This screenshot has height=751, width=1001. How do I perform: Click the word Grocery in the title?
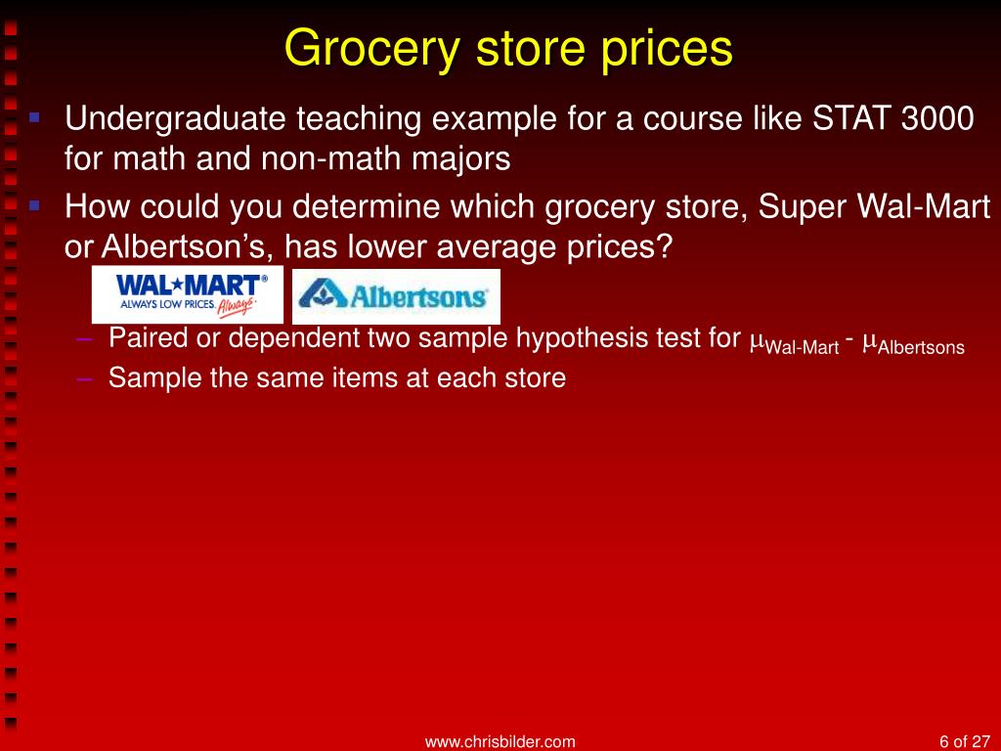point(371,49)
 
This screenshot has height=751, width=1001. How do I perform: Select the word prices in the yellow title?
point(666,49)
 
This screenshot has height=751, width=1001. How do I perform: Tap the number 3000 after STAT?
point(937,118)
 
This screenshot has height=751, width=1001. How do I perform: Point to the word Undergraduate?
point(175,119)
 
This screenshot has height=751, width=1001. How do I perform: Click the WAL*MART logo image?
point(188,294)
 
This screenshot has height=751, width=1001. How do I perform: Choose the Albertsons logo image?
point(396,296)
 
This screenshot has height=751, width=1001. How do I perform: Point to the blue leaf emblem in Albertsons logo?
point(323,293)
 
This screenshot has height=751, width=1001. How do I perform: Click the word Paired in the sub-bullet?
point(149,337)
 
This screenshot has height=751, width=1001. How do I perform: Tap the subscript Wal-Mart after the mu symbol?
point(802,347)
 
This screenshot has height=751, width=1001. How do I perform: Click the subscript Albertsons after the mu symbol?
point(921,347)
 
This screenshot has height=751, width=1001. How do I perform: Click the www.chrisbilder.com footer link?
point(500,741)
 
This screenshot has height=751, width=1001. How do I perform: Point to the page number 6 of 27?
point(964,741)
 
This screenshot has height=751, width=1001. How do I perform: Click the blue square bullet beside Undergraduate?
point(34,117)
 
